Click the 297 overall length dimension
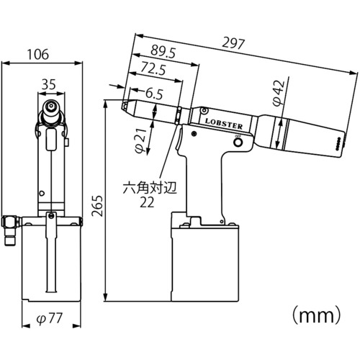[x=233, y=43]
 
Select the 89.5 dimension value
[x=163, y=52]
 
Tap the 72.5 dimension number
[x=153, y=68]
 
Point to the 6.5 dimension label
[x=155, y=94]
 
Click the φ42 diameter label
[x=279, y=93]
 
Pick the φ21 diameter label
[x=141, y=141]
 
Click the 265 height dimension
[x=97, y=206]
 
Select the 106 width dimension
[x=38, y=54]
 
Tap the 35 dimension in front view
[x=49, y=84]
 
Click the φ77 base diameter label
[x=49, y=318]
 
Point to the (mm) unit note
[x=316, y=315]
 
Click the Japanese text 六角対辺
[x=150, y=188]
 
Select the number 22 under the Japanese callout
[x=147, y=203]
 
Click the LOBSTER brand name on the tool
[x=223, y=123]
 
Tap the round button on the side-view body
[x=238, y=143]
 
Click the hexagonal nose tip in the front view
[x=51, y=105]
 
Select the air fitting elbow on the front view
[x=11, y=230]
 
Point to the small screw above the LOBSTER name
[x=204, y=111]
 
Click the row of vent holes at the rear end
[x=339, y=144]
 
